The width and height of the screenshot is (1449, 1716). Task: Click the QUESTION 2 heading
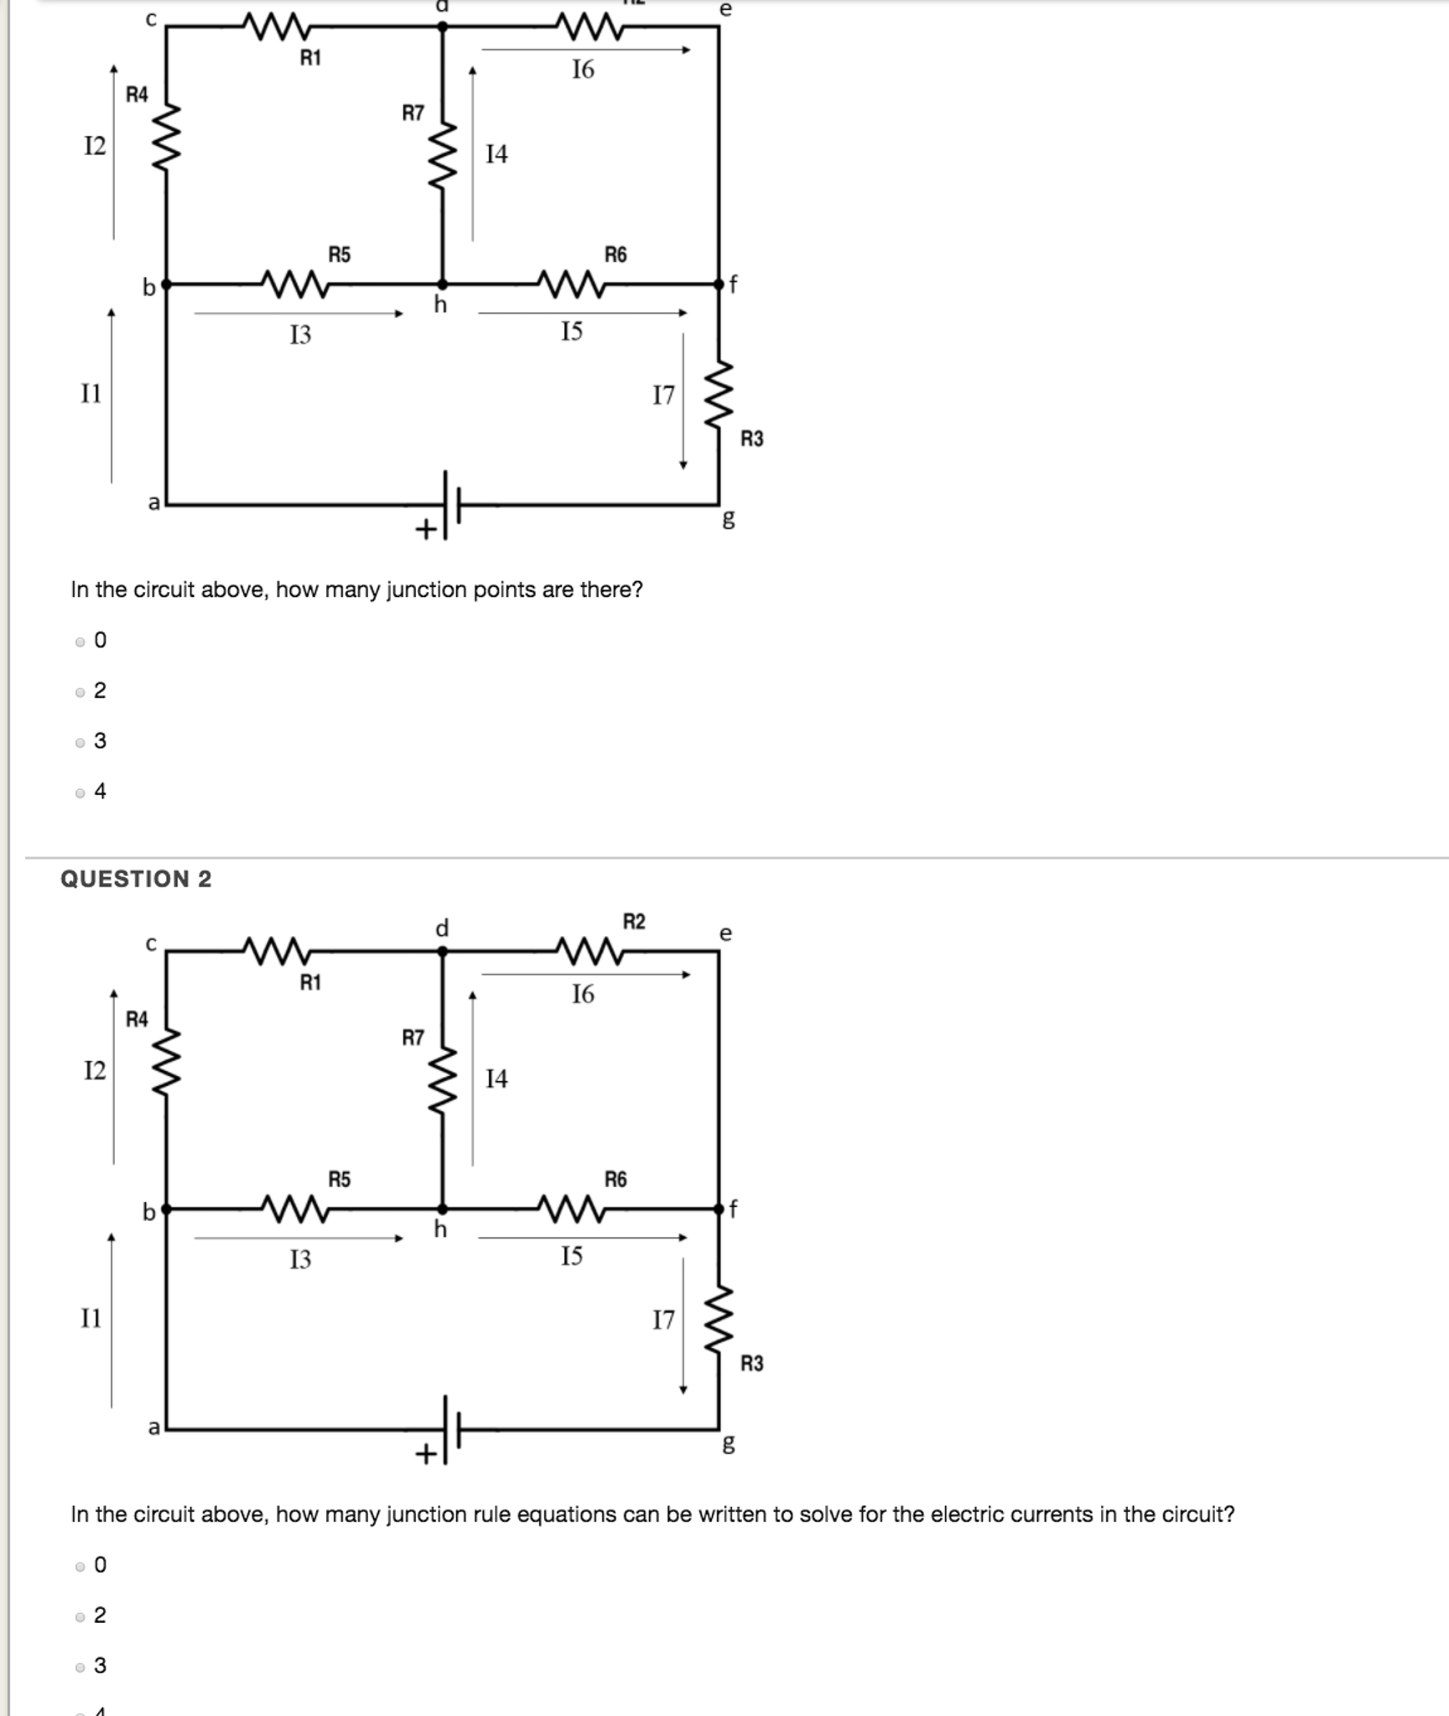click(x=136, y=878)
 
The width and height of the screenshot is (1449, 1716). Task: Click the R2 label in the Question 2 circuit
click(x=634, y=922)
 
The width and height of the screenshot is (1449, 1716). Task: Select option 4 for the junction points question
click(x=80, y=793)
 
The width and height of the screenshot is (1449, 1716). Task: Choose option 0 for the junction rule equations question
click(x=80, y=1566)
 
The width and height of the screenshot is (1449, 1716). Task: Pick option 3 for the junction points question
click(x=80, y=742)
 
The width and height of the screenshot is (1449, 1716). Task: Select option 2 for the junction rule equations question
click(x=80, y=1616)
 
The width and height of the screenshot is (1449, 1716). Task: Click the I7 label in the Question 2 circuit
click(x=663, y=1320)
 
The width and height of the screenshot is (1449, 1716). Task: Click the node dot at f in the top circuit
click(x=719, y=284)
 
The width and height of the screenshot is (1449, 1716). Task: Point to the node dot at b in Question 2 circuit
click(x=166, y=1209)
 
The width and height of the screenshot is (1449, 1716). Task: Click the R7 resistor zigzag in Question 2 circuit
click(x=443, y=1079)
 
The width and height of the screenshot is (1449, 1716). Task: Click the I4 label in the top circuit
click(x=496, y=154)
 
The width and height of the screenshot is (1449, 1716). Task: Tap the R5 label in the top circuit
click(x=339, y=254)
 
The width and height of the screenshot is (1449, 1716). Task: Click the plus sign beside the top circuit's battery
click(x=426, y=529)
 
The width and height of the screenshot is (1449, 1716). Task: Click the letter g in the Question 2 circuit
click(x=729, y=1443)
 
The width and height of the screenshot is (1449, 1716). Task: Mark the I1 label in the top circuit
click(x=91, y=393)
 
